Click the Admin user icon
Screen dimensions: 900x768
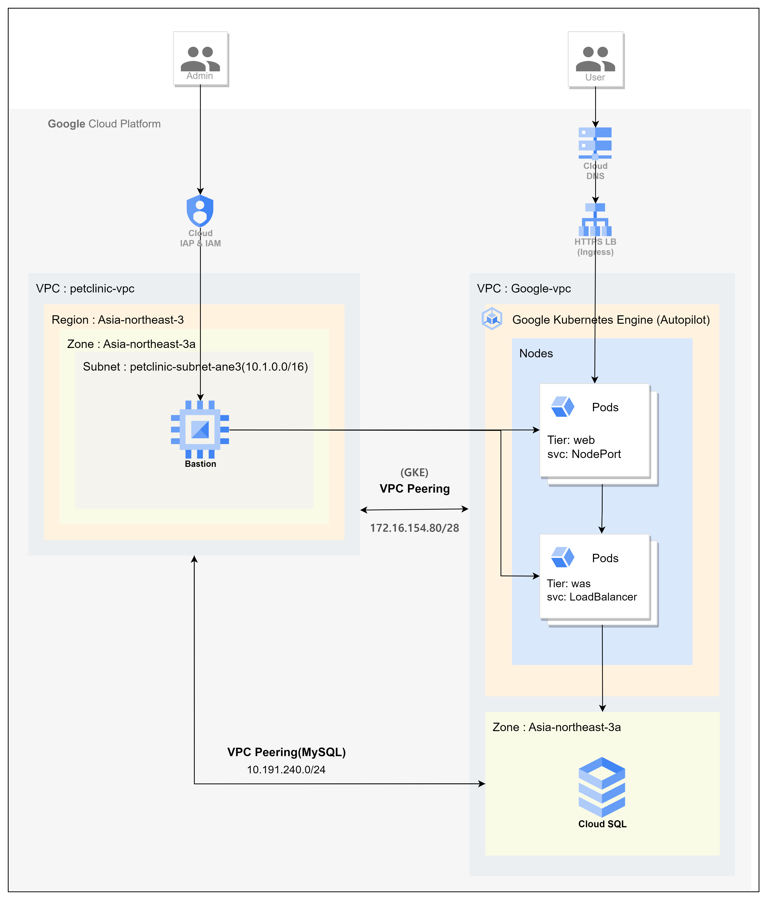[200, 59]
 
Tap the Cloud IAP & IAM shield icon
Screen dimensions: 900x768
[200, 211]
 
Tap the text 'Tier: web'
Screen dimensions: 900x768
[571, 440]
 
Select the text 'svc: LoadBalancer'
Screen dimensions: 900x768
[592, 597]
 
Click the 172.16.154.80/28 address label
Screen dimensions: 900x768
[415, 528]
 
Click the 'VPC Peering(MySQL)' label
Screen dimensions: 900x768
[286, 752]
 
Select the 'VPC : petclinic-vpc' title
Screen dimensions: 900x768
[85, 288]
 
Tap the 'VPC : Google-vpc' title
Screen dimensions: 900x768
[524, 288]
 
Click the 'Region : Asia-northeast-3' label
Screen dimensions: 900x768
[118, 320]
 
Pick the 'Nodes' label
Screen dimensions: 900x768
[536, 353]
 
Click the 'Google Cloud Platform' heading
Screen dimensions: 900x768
[104, 124]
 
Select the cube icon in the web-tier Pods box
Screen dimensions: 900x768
[563, 407]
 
